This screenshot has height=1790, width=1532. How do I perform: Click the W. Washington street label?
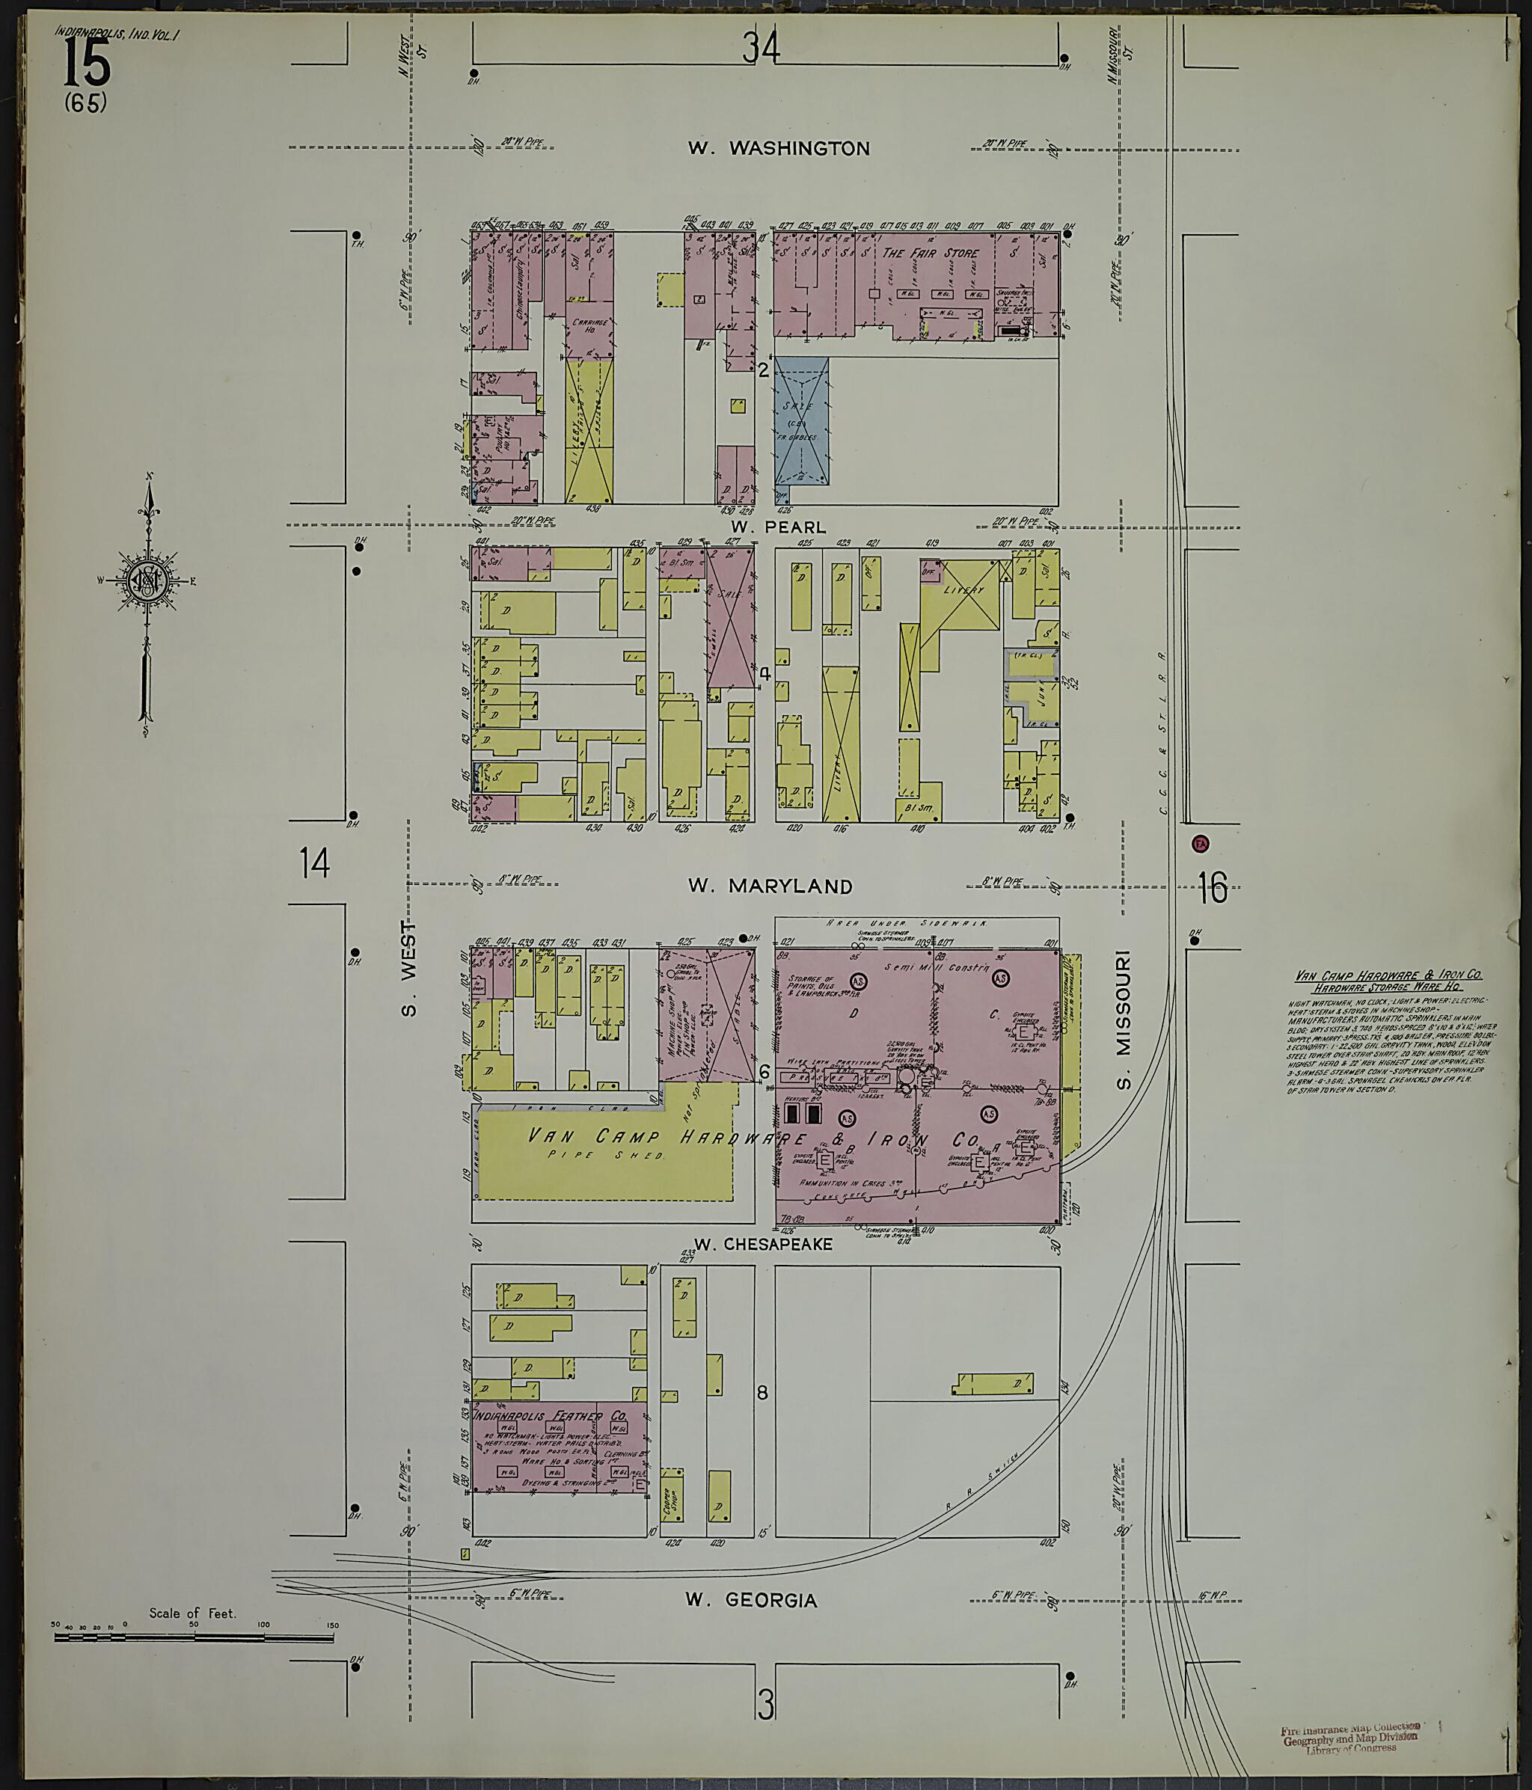tap(779, 149)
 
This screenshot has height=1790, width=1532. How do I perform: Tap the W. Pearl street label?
tap(778, 527)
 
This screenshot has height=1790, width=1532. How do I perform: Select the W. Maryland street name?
tap(770, 886)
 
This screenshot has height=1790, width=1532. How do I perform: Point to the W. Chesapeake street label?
tap(764, 1244)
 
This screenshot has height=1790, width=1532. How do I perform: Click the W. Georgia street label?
tap(751, 1601)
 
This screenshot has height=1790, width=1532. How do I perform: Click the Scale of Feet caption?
tap(191, 1613)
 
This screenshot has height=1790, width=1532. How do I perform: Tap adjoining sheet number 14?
tap(314, 863)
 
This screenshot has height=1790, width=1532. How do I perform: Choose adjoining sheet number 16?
tap(1213, 887)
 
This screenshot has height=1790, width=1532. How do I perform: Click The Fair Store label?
tap(930, 253)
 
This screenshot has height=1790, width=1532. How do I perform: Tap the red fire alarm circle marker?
tap(1200, 843)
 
